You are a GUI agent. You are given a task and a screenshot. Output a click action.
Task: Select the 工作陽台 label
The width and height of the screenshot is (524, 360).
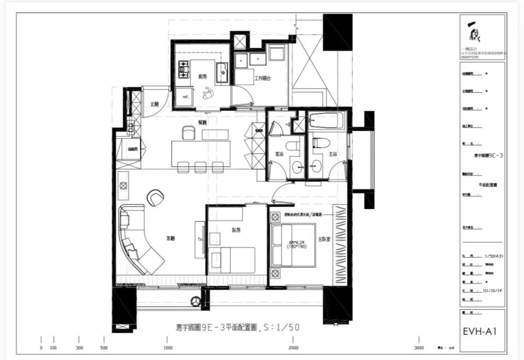[262, 79]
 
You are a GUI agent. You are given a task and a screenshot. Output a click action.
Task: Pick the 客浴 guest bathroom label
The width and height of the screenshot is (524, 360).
[279, 155]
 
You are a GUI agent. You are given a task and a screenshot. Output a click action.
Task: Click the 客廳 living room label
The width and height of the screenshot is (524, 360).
[171, 238]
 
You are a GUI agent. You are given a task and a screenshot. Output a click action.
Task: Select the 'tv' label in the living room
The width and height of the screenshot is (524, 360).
[200, 239]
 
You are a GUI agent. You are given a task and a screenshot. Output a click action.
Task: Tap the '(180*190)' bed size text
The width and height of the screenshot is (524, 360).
[293, 246]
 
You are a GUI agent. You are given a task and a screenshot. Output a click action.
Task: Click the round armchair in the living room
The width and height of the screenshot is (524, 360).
[156, 197]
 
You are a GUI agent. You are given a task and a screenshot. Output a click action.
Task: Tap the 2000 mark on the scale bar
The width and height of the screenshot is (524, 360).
[294, 347]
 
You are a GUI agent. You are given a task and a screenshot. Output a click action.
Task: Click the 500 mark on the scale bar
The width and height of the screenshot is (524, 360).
[104, 347]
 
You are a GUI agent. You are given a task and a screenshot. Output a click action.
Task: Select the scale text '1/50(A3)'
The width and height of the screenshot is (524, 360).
[493, 256]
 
